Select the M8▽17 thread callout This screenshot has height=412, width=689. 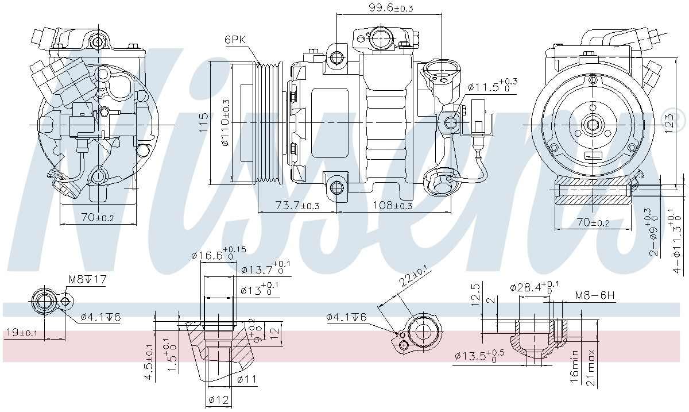point(88,280)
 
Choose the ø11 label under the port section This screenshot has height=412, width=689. point(246,379)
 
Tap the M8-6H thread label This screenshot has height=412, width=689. point(595,296)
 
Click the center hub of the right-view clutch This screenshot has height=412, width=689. point(592,124)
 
